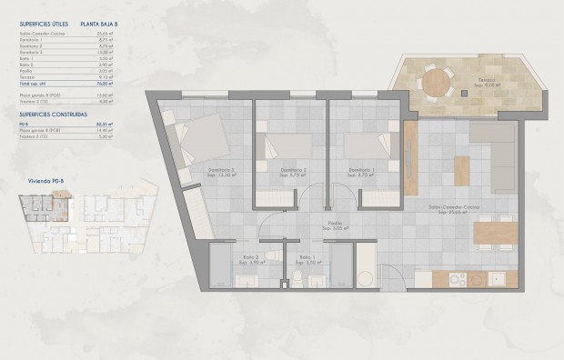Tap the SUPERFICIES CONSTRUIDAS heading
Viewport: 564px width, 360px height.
pyautogui.click(x=51, y=115)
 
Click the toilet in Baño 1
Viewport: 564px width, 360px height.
pyautogui.click(x=297, y=277)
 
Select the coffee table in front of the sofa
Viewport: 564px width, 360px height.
pyautogui.click(x=461, y=169)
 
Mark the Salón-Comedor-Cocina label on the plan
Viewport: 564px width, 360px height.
pyautogui.click(x=455, y=206)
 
